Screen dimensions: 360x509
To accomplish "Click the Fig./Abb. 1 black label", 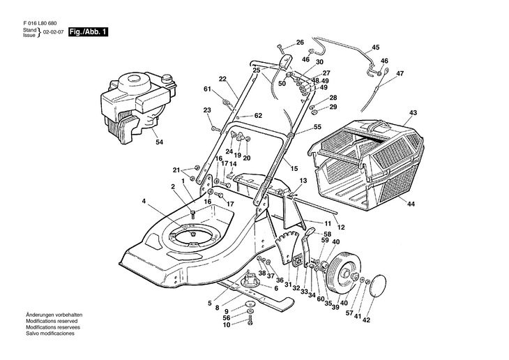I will (88, 33).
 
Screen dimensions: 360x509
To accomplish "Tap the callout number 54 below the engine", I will (159, 142).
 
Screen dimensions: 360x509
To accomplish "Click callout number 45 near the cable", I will (375, 47).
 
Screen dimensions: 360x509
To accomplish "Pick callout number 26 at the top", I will (300, 43).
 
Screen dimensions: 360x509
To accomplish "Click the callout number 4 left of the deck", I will (144, 202).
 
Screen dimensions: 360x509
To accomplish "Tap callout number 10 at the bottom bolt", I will (226, 324).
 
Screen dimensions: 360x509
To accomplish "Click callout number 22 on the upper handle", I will (223, 79).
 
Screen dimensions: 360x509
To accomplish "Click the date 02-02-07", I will (52, 33).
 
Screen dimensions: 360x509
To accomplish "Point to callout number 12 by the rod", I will (341, 227).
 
